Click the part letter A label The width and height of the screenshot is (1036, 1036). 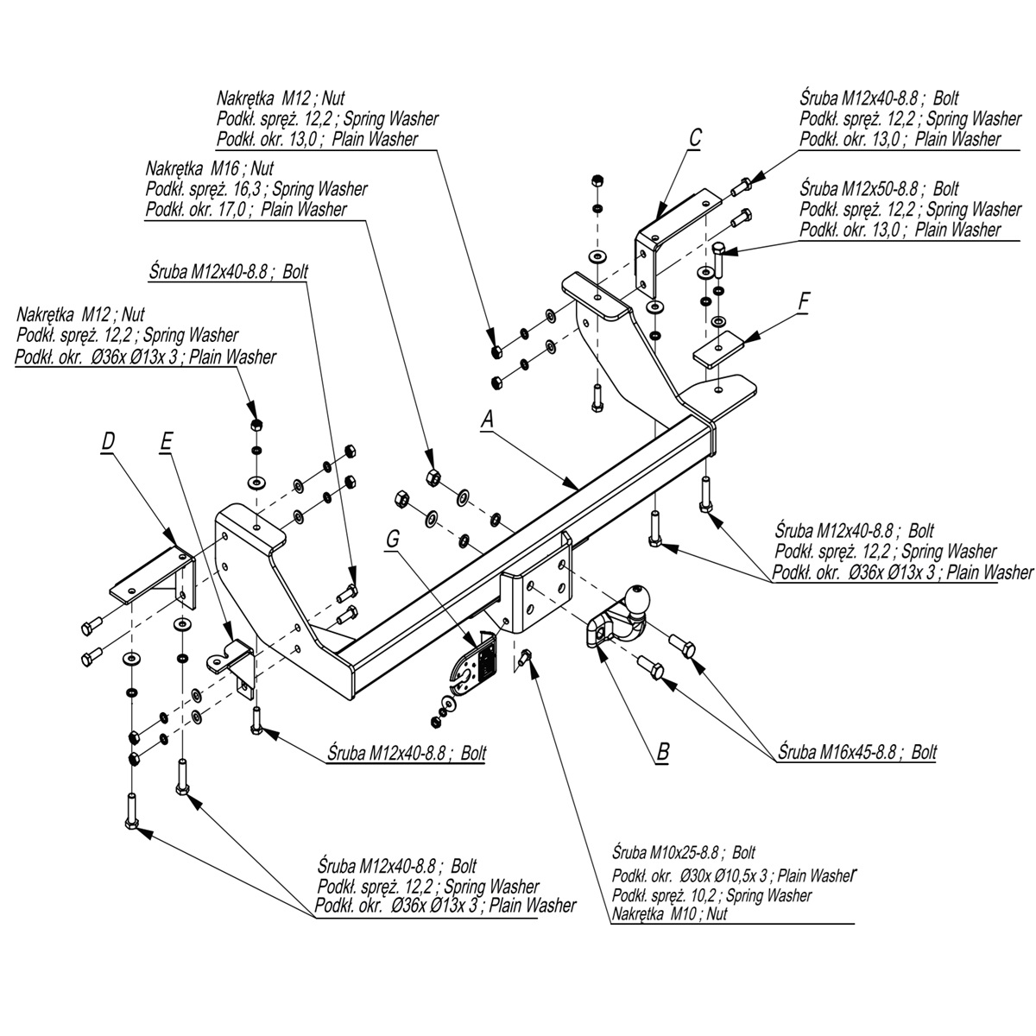pos(488,420)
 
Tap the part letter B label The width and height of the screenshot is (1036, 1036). pos(662,751)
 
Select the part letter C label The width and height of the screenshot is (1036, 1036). pos(695,136)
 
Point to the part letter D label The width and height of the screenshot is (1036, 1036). pos(107,441)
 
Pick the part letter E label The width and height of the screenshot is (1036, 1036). pos(166,441)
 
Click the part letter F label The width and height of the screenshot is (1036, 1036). pos(804,301)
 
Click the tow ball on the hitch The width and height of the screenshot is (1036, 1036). pos(636,597)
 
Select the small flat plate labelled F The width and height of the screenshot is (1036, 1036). pos(718,348)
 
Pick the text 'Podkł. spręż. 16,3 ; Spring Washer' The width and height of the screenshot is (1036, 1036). pos(256,188)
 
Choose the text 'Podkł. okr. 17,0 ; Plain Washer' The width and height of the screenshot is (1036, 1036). pos(246,209)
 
